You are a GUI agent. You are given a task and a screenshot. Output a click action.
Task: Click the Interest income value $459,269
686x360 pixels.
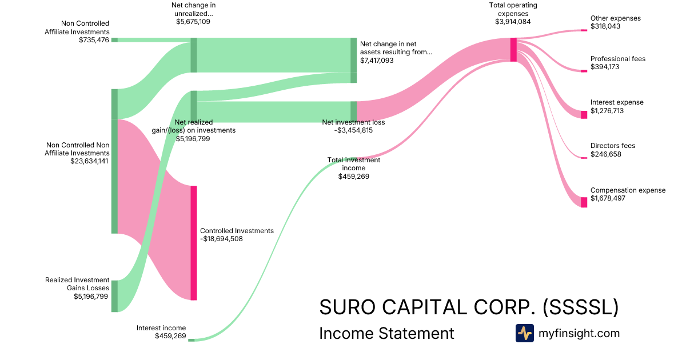[x=170, y=336]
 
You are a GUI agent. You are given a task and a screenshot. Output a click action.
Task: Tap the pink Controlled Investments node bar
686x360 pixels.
[x=194, y=243]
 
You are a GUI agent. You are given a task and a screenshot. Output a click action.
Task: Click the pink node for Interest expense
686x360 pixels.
[x=584, y=115]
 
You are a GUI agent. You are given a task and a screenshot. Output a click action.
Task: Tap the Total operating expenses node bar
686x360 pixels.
[x=513, y=49]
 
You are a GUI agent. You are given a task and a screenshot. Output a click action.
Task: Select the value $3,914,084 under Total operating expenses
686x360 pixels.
[x=513, y=22]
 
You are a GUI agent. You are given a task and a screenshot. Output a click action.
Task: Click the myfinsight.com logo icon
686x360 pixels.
[x=524, y=333]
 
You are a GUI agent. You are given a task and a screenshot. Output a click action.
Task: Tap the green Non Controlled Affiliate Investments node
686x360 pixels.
[x=114, y=40]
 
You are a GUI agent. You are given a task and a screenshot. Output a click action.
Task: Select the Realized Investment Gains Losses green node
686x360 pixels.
[x=114, y=296]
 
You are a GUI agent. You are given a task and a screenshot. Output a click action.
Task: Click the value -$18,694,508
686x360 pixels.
[x=221, y=239]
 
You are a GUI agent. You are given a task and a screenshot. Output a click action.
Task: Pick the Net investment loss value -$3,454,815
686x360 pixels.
[x=353, y=130]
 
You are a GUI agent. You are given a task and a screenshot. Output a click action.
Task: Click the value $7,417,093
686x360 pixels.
[x=377, y=60]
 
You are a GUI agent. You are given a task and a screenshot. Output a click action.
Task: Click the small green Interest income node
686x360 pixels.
[x=192, y=340]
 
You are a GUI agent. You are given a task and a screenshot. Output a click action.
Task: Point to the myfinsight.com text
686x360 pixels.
[x=579, y=333]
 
